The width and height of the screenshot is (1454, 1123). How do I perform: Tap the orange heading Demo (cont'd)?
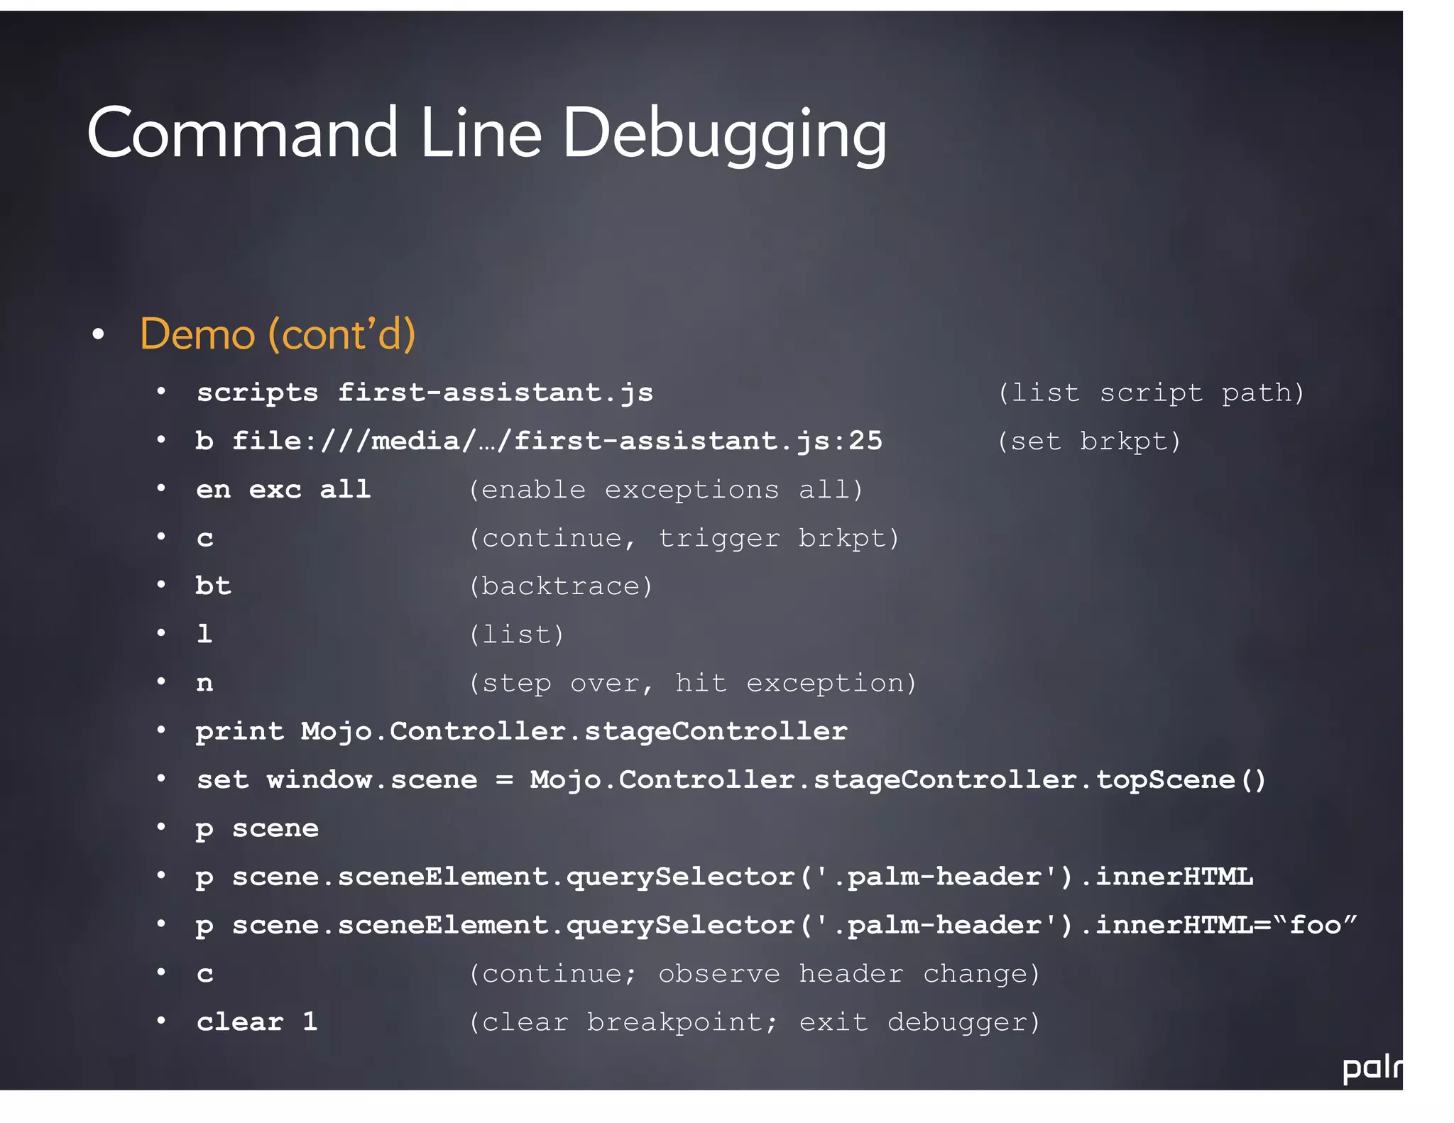[x=278, y=334]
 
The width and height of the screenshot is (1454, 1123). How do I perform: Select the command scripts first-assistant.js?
[x=425, y=393]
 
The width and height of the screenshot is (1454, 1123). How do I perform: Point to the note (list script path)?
[x=1151, y=393]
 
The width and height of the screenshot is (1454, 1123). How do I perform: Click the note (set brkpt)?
[x=1089, y=442]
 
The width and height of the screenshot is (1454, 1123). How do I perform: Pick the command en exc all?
[x=283, y=490]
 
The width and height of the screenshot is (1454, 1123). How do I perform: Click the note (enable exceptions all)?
[x=665, y=490]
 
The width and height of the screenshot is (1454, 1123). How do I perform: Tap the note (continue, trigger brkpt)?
[x=684, y=538]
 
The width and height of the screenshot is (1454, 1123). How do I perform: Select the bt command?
[x=213, y=586]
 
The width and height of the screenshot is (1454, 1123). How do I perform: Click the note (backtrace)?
[x=560, y=586]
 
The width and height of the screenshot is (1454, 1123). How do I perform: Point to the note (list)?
[x=516, y=635]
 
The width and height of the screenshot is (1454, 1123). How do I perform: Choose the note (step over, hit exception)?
[x=692, y=683]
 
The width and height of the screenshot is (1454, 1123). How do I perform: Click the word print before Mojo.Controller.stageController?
[x=239, y=732]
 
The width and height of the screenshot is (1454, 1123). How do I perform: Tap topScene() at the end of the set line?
[x=1181, y=780]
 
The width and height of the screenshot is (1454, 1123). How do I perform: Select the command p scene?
[x=257, y=828]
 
